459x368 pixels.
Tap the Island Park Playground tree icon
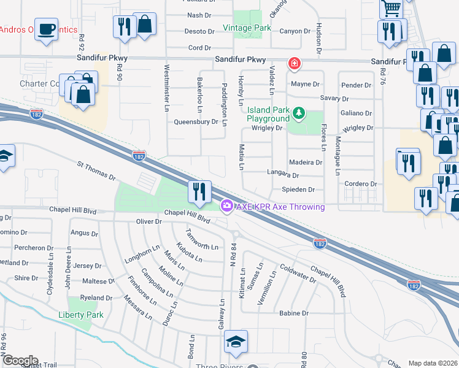(x=298, y=113)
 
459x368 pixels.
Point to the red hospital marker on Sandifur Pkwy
(x=295, y=63)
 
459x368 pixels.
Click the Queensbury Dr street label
(x=197, y=121)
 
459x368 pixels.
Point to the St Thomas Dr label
(x=96, y=171)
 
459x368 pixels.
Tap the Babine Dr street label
(x=293, y=313)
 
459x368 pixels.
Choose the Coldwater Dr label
(x=298, y=272)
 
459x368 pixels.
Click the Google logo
(x=20, y=361)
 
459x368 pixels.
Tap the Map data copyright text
(x=433, y=363)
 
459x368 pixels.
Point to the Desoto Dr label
(x=199, y=31)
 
